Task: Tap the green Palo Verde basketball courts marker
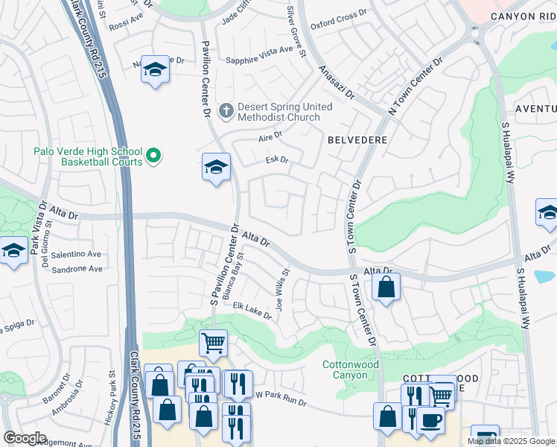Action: point(153,156)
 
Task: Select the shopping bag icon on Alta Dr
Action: point(386,287)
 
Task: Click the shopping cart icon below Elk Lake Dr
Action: point(213,343)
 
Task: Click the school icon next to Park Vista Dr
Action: point(13,251)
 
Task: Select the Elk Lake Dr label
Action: point(252,310)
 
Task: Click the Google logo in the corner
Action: point(25,437)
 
